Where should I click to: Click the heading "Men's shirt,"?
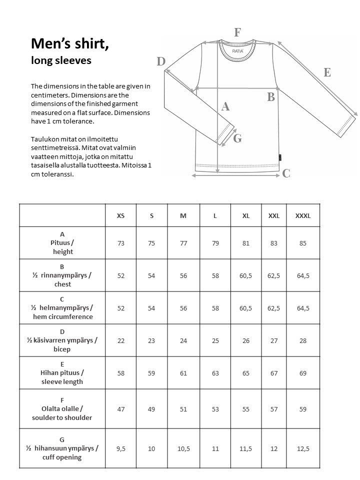click(70, 44)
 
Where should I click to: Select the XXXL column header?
click(303, 215)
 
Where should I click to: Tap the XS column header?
click(120, 215)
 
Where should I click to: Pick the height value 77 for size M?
click(183, 243)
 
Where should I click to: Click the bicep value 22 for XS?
click(120, 340)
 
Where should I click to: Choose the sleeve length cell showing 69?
click(303, 373)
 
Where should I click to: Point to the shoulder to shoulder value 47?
click(120, 409)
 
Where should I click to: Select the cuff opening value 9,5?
click(120, 448)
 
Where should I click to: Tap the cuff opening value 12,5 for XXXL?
click(303, 448)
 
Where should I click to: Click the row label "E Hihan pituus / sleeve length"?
click(62, 373)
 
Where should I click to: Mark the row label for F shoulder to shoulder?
click(62, 409)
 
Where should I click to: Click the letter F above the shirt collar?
click(238, 33)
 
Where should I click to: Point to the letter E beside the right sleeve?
click(327, 72)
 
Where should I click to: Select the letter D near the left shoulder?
click(160, 62)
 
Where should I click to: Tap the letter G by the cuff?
click(237, 139)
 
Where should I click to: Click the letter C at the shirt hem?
click(286, 173)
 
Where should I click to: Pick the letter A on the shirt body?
click(225, 106)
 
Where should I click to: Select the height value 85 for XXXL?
click(303, 243)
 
